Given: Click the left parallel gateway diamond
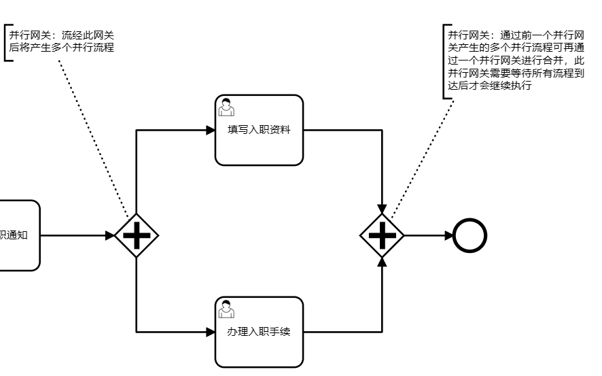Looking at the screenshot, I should (x=137, y=235).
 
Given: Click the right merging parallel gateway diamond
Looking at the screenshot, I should (x=382, y=235).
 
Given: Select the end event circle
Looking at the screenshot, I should (x=470, y=235).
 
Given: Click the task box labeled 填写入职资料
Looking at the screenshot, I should (x=259, y=146).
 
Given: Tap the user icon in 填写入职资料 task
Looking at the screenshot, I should (x=226, y=107).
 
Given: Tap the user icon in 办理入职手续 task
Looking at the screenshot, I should (x=226, y=309).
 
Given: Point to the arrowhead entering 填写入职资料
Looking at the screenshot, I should (x=210, y=130).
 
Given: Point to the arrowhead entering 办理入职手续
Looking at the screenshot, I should (x=210, y=332).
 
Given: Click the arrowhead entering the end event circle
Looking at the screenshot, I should (x=448, y=235).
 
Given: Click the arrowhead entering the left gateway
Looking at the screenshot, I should (x=110, y=235).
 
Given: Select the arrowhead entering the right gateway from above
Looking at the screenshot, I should (x=382, y=208).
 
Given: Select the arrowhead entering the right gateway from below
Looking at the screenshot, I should (x=382, y=262).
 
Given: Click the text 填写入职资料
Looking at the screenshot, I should (x=259, y=130).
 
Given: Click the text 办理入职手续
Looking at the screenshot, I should (x=259, y=332).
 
